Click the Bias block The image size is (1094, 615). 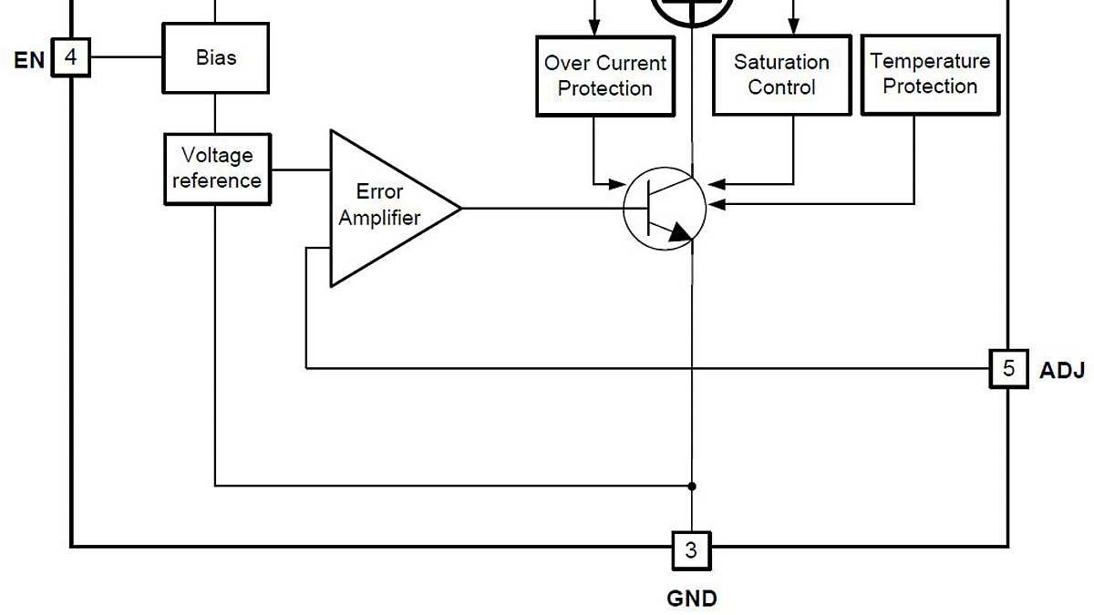click(x=215, y=57)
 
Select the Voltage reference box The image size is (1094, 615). click(x=217, y=169)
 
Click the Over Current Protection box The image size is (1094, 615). click(x=605, y=76)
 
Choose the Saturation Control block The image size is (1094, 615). click(x=781, y=75)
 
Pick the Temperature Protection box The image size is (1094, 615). click(x=930, y=74)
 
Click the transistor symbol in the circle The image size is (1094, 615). click(x=665, y=209)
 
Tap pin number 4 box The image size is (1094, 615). click(x=71, y=58)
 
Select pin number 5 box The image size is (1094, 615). click(x=1008, y=369)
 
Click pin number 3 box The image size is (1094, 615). click(x=691, y=550)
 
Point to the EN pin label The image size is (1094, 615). click(x=28, y=60)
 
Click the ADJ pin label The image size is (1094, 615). click(x=1062, y=371)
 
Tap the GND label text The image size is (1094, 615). click(x=692, y=599)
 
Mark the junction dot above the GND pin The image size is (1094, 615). click(x=692, y=487)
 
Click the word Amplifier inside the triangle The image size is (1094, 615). click(x=380, y=219)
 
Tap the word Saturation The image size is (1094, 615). click(x=781, y=62)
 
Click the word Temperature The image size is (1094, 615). click(x=930, y=61)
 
